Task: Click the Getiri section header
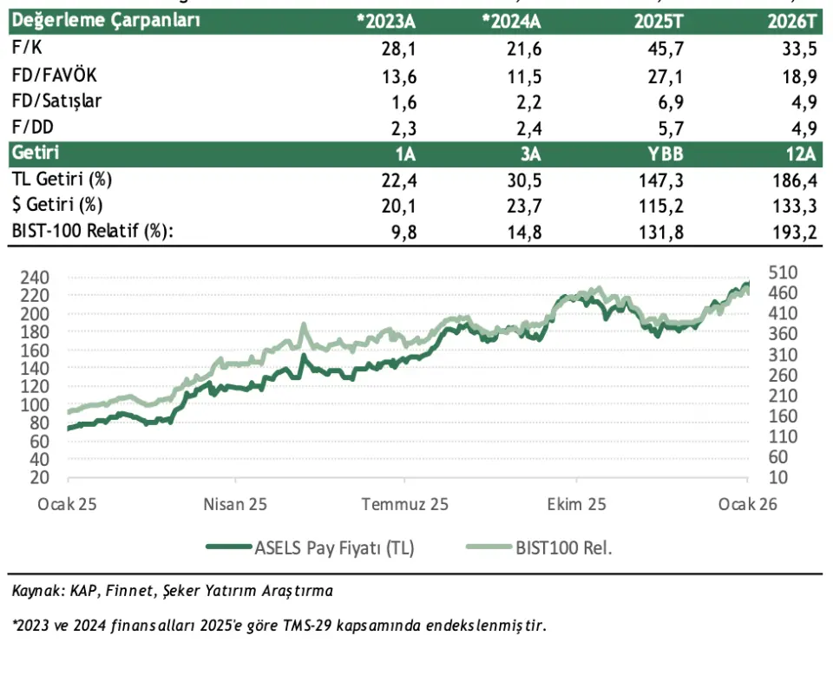(x=35, y=153)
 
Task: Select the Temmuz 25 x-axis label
(x=405, y=504)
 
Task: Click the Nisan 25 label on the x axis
(x=234, y=504)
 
